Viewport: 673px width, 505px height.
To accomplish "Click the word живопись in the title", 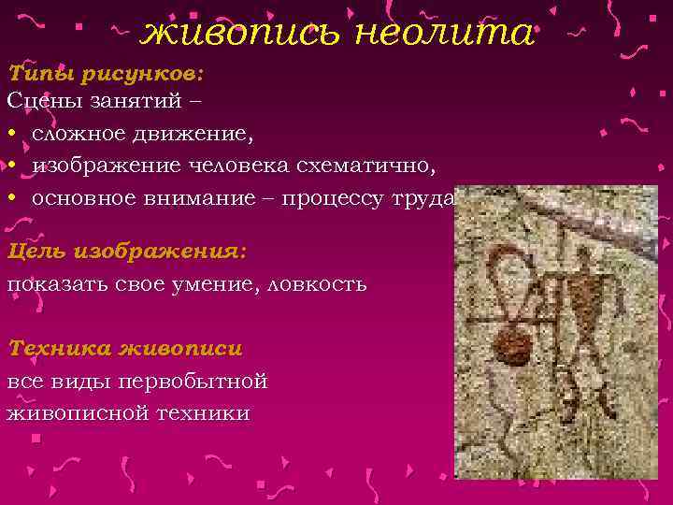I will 241,34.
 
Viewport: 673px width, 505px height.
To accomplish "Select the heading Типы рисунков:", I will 106,73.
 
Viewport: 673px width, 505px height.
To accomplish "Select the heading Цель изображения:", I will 126,252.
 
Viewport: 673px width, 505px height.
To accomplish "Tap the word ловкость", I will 315,283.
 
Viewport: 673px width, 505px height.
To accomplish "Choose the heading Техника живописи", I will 124,349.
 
